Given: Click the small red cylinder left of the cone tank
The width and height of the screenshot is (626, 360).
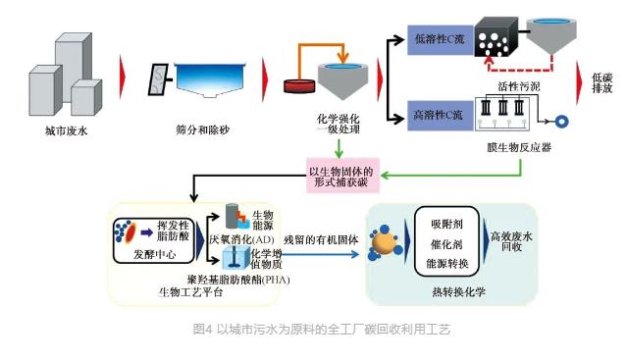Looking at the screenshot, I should pos(297,83).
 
